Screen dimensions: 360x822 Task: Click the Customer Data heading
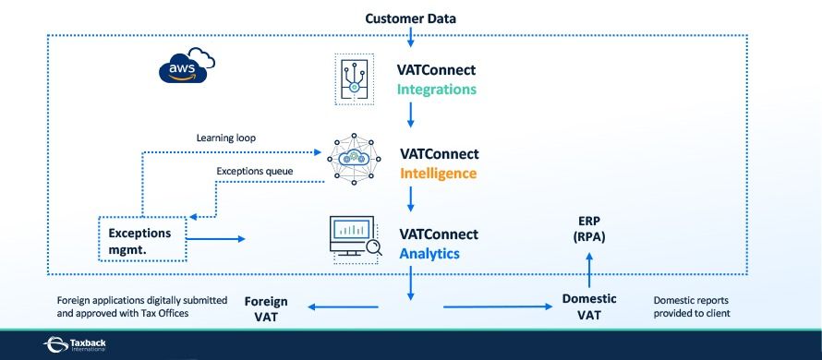pos(410,18)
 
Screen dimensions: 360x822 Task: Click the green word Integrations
pos(437,90)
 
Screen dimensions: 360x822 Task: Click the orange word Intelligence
pos(439,173)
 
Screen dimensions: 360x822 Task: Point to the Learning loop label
pos(225,138)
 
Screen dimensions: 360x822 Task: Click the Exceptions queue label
pos(253,171)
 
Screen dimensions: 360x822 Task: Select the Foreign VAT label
pos(266,309)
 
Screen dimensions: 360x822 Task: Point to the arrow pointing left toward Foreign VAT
pos(342,308)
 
